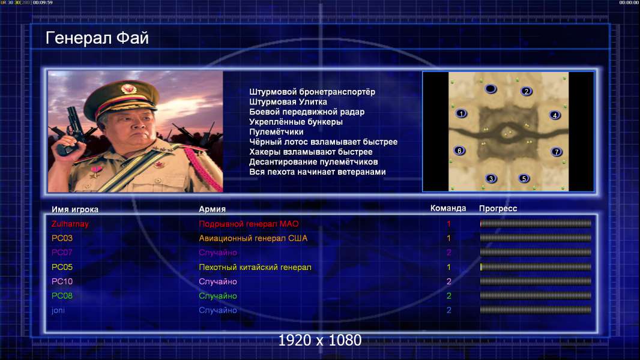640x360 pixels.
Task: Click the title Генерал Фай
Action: click(97, 38)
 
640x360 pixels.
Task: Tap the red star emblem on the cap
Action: click(128, 88)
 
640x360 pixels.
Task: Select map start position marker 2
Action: click(526, 91)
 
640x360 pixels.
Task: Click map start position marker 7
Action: click(557, 152)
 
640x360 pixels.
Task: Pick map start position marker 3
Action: click(491, 178)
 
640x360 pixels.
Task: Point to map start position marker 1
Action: click(461, 113)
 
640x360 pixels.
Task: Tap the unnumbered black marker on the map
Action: click(491, 88)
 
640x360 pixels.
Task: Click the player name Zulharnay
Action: click(70, 224)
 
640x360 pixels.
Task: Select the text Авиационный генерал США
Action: click(253, 238)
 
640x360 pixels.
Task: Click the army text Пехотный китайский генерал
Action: click(255, 267)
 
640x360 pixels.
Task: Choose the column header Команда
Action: click(448, 208)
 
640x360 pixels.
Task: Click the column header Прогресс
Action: click(498, 209)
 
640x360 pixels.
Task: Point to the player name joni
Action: click(58, 310)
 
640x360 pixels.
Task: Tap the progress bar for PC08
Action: click(536, 296)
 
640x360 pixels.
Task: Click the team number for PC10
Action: click(448, 281)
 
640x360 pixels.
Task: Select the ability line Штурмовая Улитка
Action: click(288, 102)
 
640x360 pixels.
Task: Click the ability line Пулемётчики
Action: click(276, 131)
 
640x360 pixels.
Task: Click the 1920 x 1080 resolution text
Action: click(319, 340)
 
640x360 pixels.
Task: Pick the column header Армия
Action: click(213, 209)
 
